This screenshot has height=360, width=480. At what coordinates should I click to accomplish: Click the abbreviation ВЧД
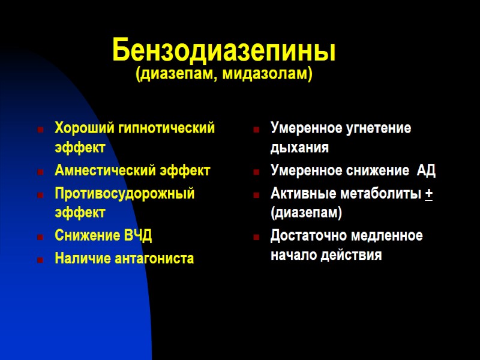[x=137, y=236]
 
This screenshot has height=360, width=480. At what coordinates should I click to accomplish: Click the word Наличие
[x=79, y=259]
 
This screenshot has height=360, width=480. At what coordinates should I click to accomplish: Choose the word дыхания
[x=299, y=147]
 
